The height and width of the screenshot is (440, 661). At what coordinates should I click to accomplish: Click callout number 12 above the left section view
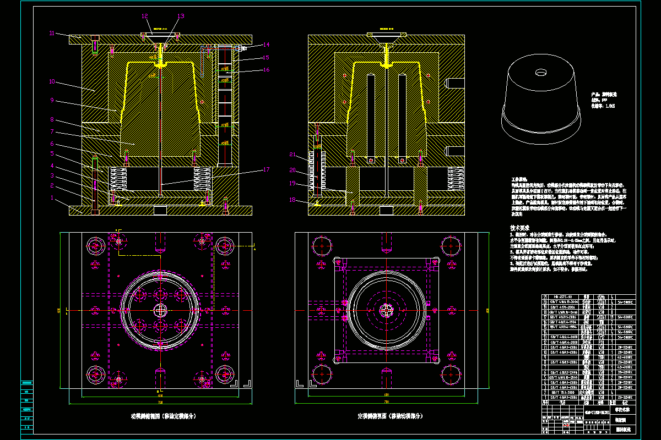pos(145,16)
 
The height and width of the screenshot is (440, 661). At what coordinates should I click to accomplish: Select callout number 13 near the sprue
pos(181,16)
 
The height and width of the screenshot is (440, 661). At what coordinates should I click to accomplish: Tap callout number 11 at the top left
pos(52,34)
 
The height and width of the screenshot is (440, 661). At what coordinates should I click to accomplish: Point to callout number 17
pos(266,170)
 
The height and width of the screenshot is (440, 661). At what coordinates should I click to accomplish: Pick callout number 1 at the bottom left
pos(52,197)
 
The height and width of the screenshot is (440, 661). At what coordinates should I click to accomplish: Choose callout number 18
pos(292,200)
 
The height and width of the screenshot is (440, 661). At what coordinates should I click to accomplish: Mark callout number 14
pos(266,45)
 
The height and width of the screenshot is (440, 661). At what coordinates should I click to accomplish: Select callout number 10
pos(52,81)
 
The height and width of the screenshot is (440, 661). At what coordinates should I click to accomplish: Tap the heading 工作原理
pos(519,179)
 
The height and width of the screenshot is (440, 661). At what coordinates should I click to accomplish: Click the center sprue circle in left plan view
pos(160,310)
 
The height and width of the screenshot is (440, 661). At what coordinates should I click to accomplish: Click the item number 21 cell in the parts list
pos(545,296)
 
